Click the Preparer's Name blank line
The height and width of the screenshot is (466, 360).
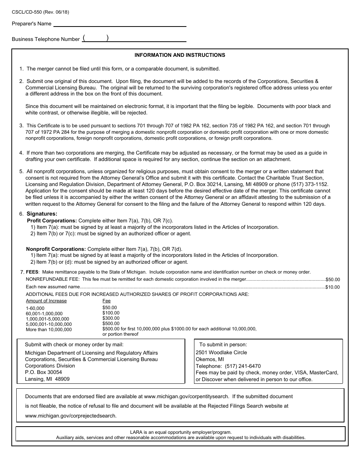click(x=120, y=24)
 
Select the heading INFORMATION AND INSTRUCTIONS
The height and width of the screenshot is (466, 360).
click(x=180, y=55)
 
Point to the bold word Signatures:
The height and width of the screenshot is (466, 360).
click(x=42, y=214)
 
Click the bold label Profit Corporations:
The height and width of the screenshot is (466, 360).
click(x=52, y=220)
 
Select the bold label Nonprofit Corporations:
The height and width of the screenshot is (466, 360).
click(x=56, y=249)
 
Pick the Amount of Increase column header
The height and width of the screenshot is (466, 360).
click(x=46, y=301)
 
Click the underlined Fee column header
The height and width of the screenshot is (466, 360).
click(x=106, y=301)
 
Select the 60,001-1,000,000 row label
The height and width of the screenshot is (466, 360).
click(x=44, y=314)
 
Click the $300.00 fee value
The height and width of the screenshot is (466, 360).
click(x=111, y=318)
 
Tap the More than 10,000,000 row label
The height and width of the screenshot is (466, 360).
click(x=49, y=330)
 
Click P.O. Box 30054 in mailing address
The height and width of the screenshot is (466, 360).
click(x=43, y=372)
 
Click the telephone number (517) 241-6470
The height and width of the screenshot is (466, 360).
click(x=243, y=366)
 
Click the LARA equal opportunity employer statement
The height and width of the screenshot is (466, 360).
click(x=180, y=432)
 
